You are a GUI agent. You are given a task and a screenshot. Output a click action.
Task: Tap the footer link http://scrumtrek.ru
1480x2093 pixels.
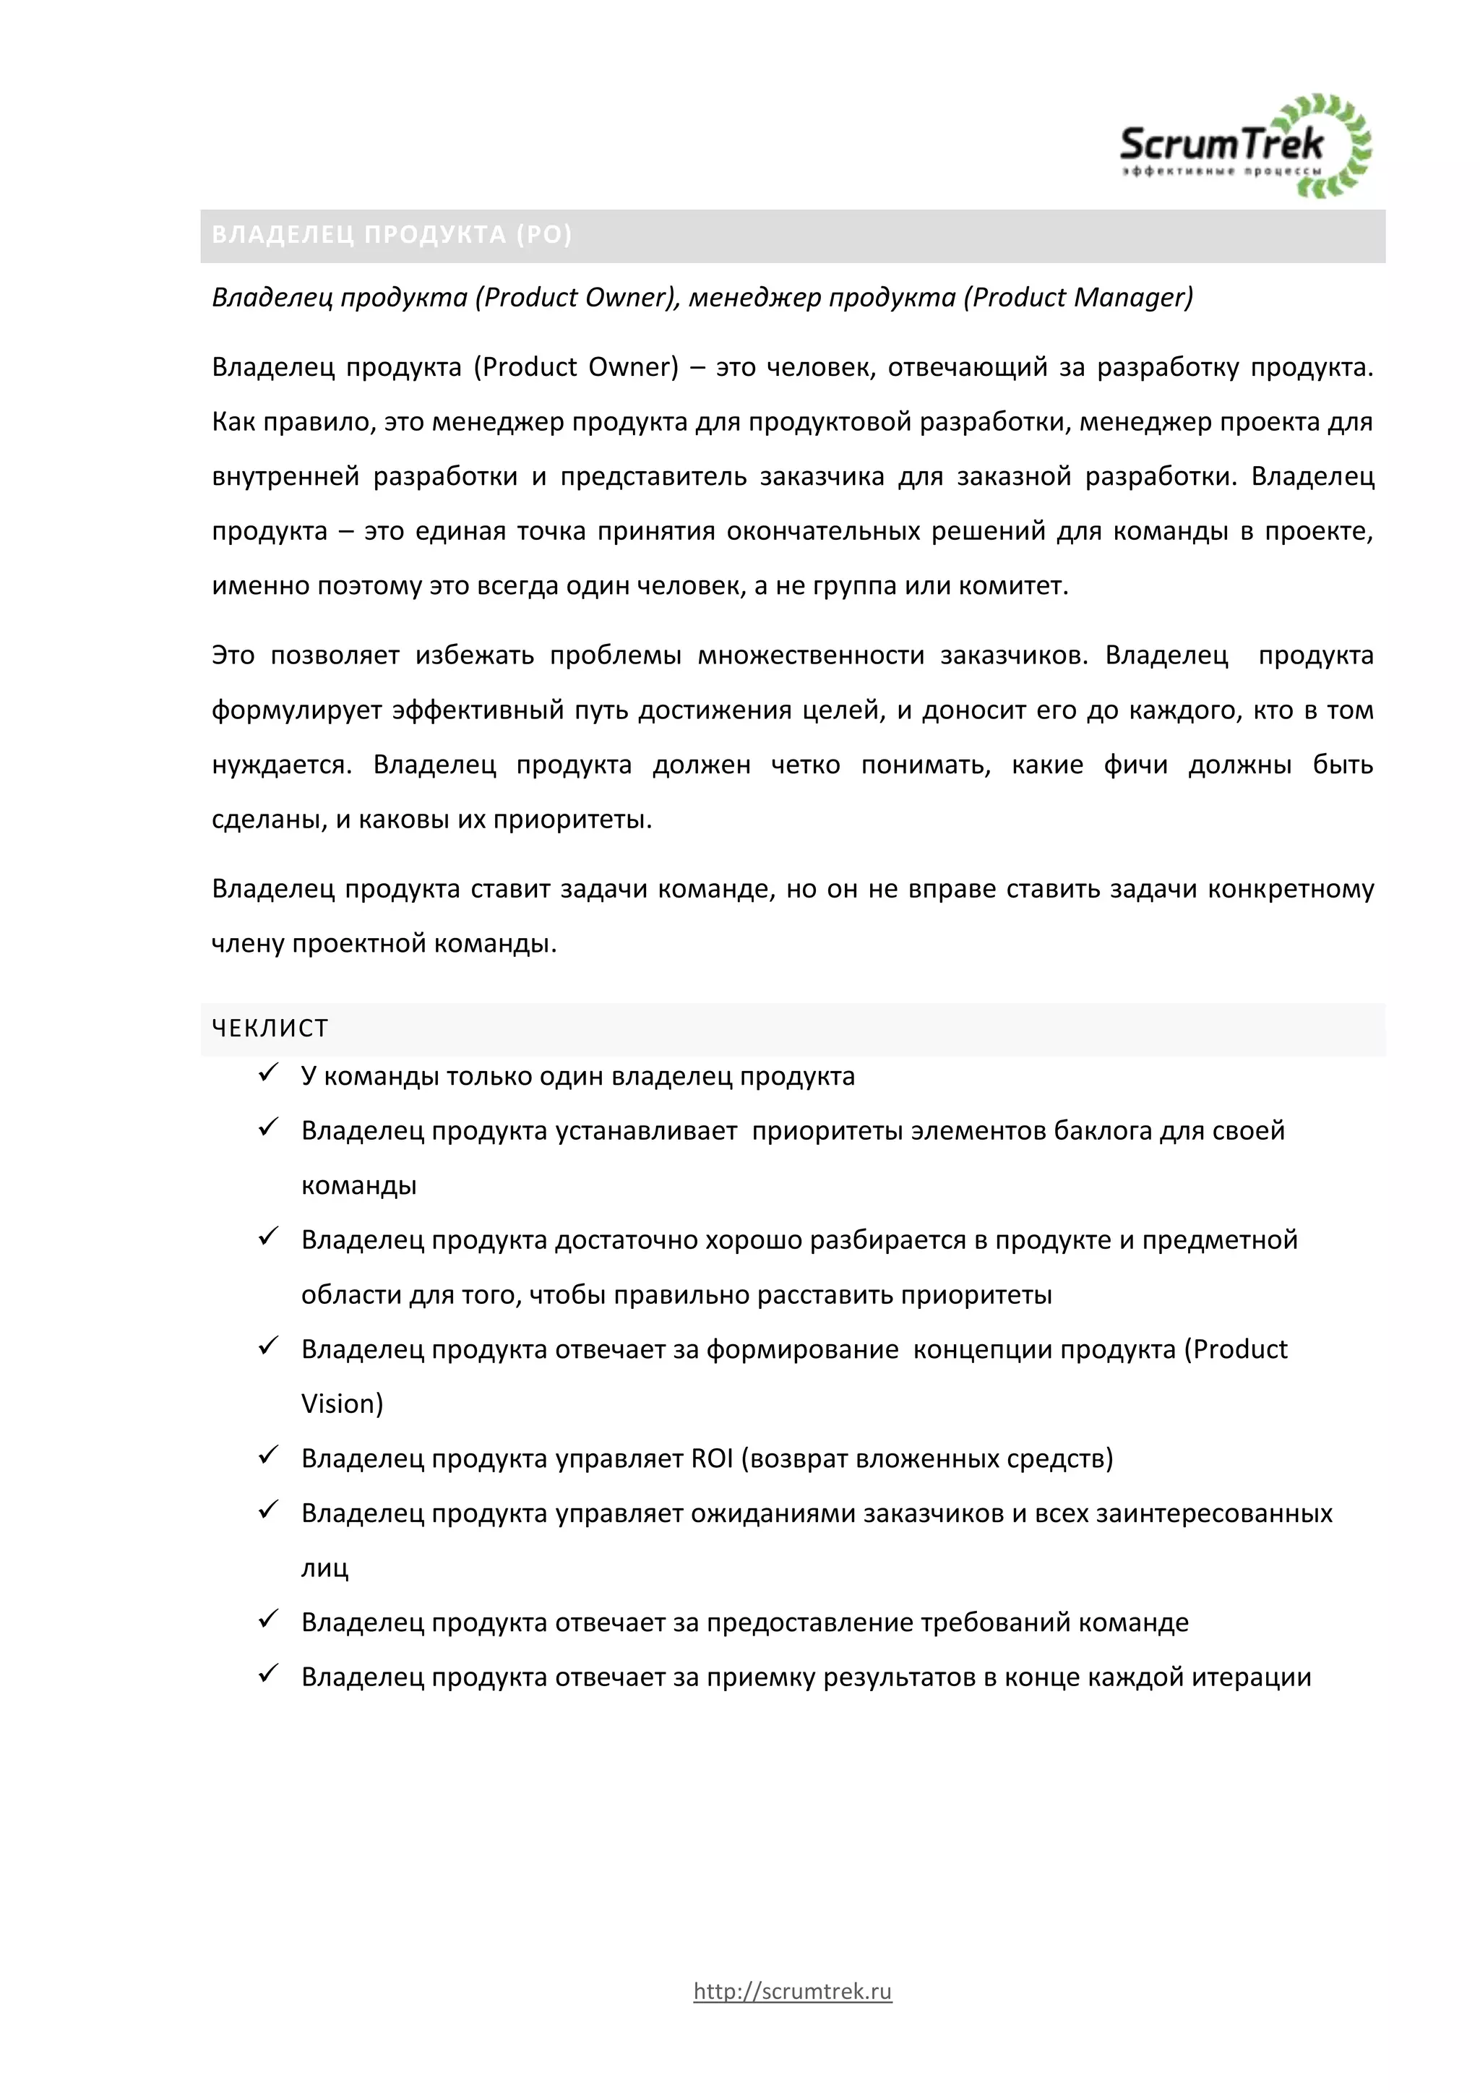792,1991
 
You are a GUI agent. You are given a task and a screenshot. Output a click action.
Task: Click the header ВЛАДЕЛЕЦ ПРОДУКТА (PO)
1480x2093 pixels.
392,235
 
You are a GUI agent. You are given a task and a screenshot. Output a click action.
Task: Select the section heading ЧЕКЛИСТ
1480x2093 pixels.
270,1028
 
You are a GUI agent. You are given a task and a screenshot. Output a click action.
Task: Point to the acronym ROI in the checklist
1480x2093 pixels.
712,1458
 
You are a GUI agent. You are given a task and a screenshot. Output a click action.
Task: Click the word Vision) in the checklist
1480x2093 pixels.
343,1404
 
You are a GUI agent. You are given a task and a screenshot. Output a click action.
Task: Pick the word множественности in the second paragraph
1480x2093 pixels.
811,656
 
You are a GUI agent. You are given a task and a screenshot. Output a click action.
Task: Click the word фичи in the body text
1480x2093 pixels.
1135,765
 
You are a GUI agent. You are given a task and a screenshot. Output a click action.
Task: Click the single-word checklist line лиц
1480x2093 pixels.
324,1568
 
